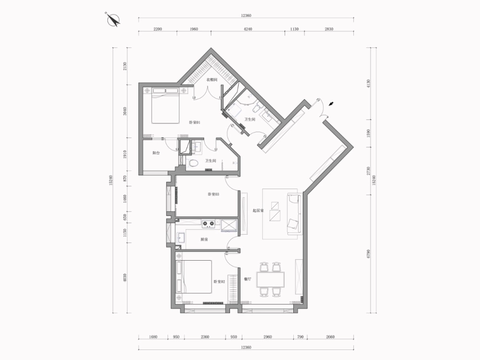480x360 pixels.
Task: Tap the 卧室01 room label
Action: [194, 122]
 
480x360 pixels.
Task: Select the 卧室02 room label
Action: [219, 282]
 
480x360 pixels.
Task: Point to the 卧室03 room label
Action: [213, 194]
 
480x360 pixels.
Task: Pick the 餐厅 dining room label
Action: [248, 279]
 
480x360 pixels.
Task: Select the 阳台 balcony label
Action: [156, 153]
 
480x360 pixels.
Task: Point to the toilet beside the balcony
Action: [193, 163]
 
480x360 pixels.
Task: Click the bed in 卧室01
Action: [165, 107]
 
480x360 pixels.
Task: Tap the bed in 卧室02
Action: [194, 276]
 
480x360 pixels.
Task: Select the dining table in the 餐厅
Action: [270, 279]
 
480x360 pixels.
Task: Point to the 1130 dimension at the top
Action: [294, 29]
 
